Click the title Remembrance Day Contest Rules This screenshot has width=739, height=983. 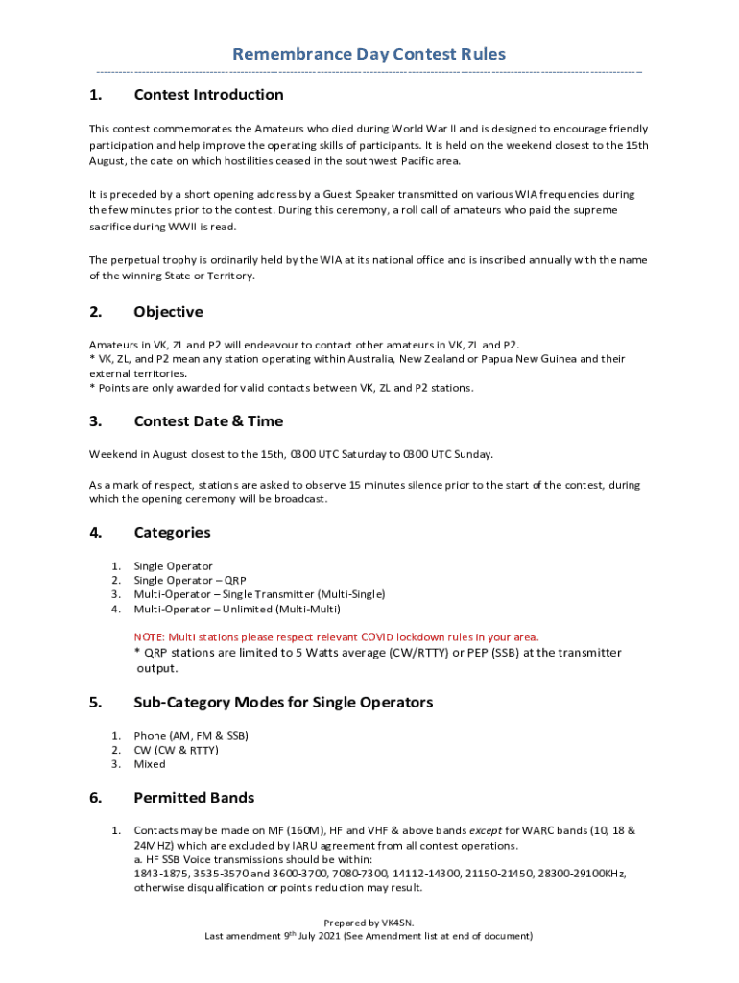(369, 55)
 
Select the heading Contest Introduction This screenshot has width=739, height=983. (208, 95)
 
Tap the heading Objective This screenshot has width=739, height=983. (168, 312)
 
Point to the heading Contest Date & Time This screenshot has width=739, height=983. (208, 421)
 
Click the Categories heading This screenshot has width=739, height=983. (172, 533)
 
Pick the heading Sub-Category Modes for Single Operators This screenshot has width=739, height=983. (283, 703)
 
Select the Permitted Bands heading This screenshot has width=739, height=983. (194, 798)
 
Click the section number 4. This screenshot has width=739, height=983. (95, 533)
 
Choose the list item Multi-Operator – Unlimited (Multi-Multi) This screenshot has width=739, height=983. (237, 609)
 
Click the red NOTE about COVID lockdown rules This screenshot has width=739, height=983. (336, 636)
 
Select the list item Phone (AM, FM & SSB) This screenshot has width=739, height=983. (191, 736)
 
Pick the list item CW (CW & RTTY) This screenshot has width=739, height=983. (177, 750)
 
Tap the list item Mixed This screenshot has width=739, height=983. (150, 764)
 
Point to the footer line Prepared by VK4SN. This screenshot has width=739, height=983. (369, 922)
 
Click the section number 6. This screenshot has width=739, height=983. (95, 798)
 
